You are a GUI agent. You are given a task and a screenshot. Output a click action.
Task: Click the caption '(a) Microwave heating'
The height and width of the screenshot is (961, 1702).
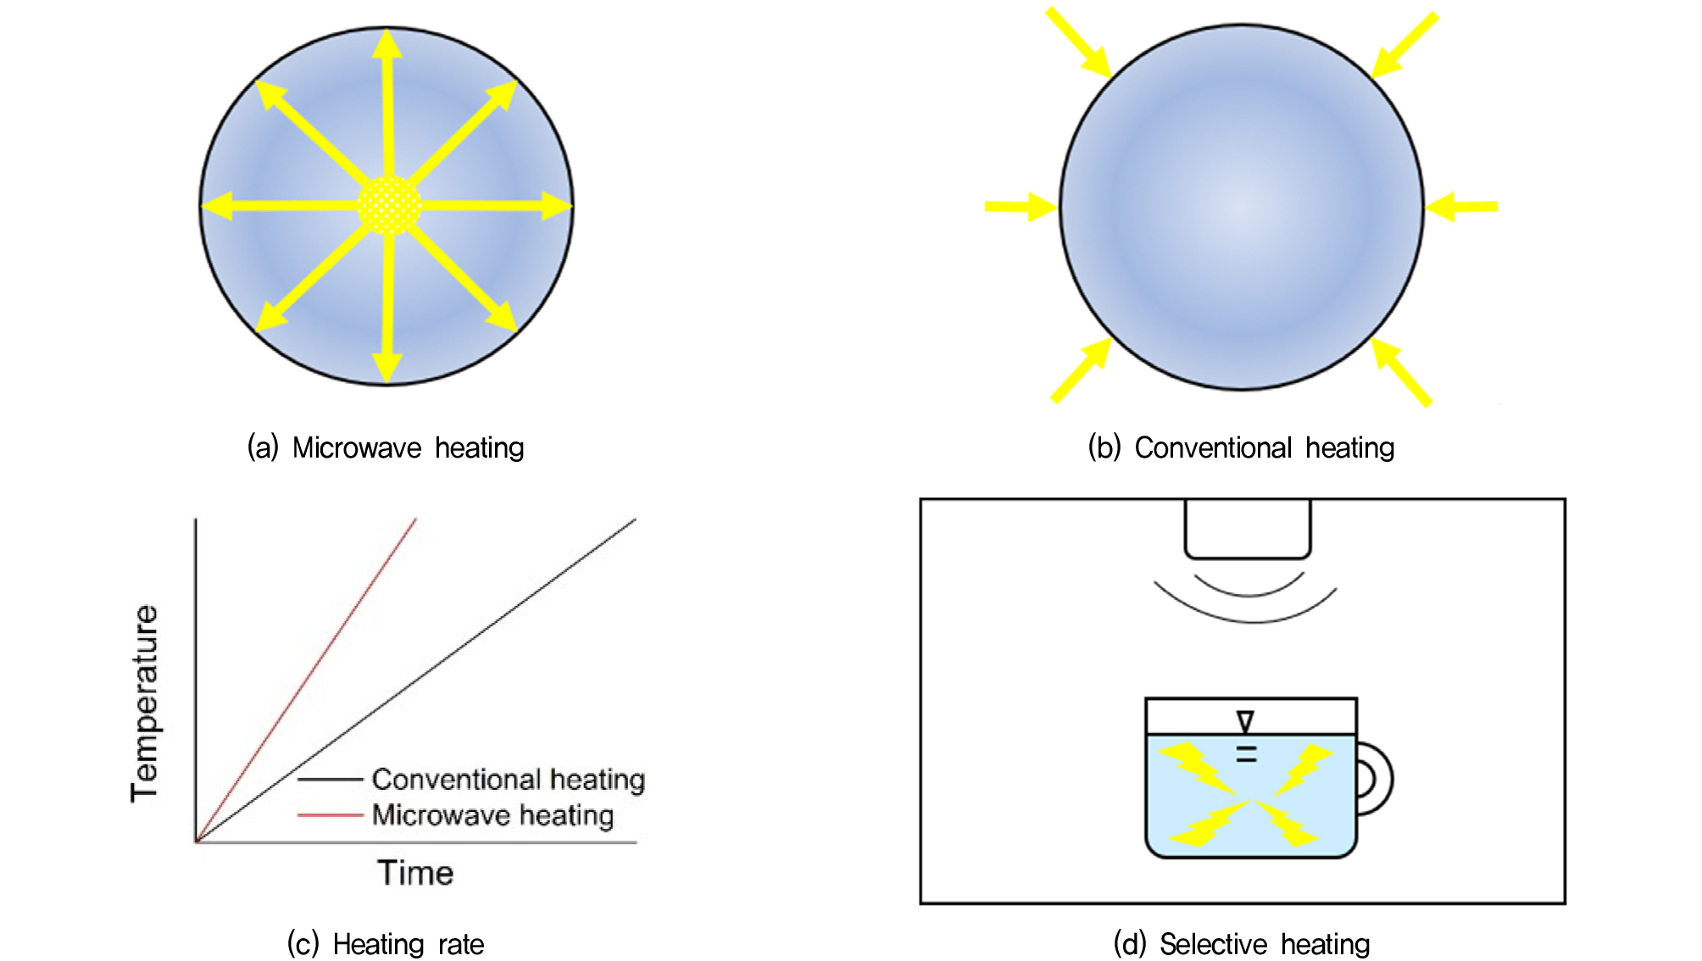pyautogui.click(x=386, y=447)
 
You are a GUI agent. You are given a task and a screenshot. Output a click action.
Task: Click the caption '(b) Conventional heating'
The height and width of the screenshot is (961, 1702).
pyautogui.click(x=1241, y=447)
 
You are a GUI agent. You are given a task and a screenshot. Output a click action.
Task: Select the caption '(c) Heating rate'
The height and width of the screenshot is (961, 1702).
pyautogui.click(x=386, y=943)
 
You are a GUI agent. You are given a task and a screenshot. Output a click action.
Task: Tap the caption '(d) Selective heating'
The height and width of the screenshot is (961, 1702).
pyautogui.click(x=1242, y=943)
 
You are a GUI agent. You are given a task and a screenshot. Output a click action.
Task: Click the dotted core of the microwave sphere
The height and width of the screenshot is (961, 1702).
pyautogui.click(x=388, y=205)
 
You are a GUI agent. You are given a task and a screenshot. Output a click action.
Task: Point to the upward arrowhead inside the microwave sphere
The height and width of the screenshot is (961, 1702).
pyautogui.click(x=387, y=44)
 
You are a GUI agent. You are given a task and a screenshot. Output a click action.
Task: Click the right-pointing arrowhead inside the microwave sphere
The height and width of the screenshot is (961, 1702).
pyautogui.click(x=556, y=205)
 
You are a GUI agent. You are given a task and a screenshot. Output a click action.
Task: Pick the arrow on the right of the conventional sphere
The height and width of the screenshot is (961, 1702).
pyautogui.click(x=1461, y=206)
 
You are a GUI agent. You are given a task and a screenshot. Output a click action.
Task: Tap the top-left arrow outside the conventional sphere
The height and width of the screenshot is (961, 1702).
pyautogui.click(x=1078, y=42)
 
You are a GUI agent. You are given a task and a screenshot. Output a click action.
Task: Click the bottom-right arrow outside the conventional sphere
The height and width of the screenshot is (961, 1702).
pyautogui.click(x=1402, y=371)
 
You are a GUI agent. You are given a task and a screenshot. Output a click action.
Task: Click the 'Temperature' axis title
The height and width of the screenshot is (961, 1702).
pyautogui.click(x=145, y=703)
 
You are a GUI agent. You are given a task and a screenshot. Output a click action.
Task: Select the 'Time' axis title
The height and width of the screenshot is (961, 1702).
pyautogui.click(x=415, y=873)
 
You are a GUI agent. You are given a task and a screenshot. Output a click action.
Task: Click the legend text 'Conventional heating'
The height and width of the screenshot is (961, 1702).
pyautogui.click(x=509, y=779)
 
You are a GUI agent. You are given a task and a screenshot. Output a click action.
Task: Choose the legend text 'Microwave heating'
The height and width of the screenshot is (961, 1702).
pyautogui.click(x=492, y=815)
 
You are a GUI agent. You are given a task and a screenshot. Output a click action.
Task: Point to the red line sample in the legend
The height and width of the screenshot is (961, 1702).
pyautogui.click(x=331, y=815)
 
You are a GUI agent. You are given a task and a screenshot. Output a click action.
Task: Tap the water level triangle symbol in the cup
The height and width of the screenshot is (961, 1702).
pyautogui.click(x=1245, y=721)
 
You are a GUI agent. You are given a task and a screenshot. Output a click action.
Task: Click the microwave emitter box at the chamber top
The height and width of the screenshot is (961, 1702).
pyautogui.click(x=1248, y=529)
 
